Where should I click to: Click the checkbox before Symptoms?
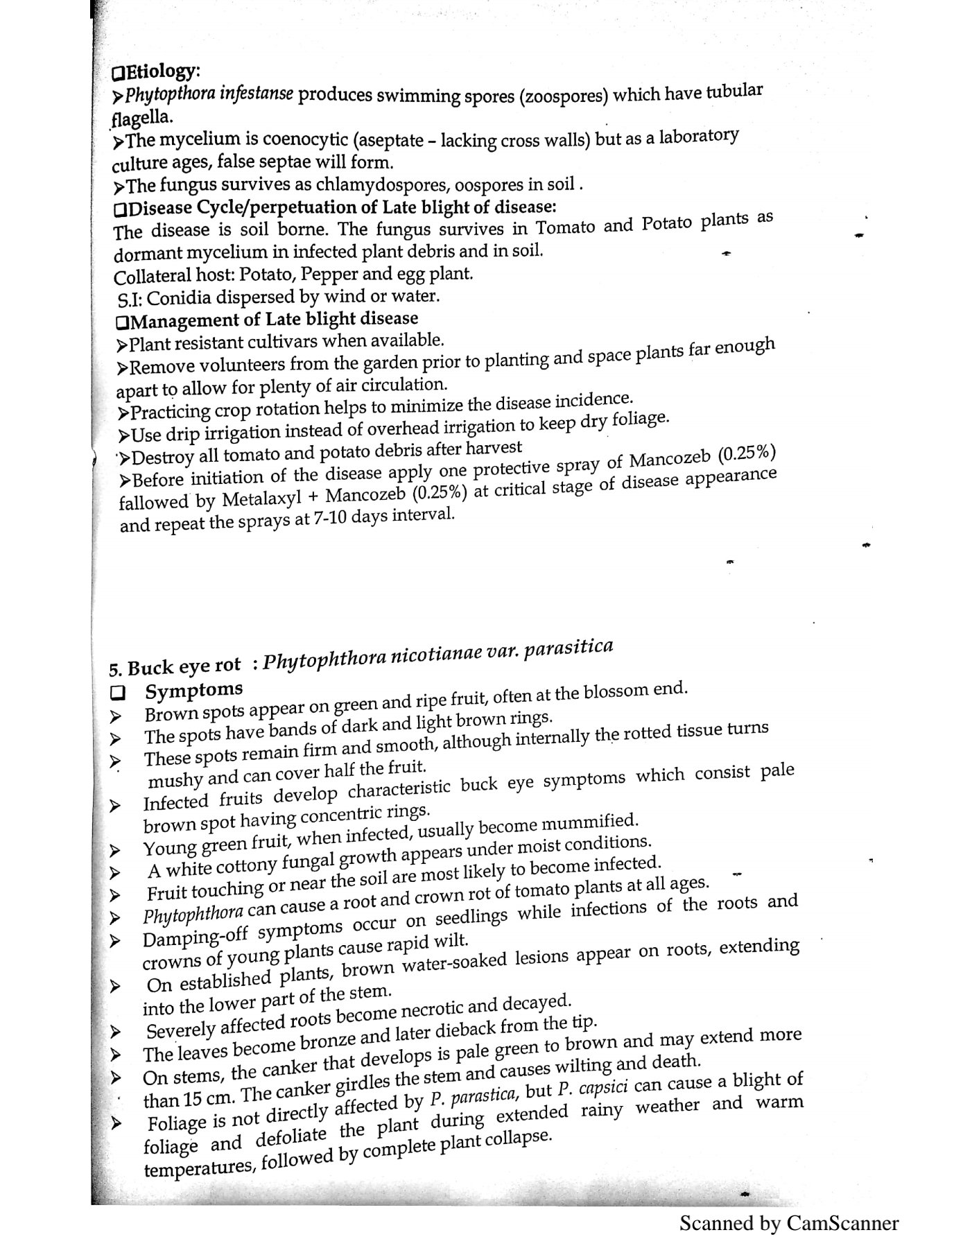pyautogui.click(x=117, y=692)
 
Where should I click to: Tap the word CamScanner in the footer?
pyautogui.click(x=842, y=1222)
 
